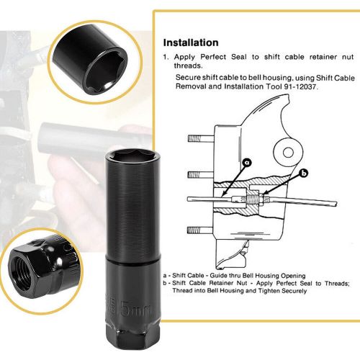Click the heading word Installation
tap(191, 42)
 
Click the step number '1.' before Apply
tap(166, 55)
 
